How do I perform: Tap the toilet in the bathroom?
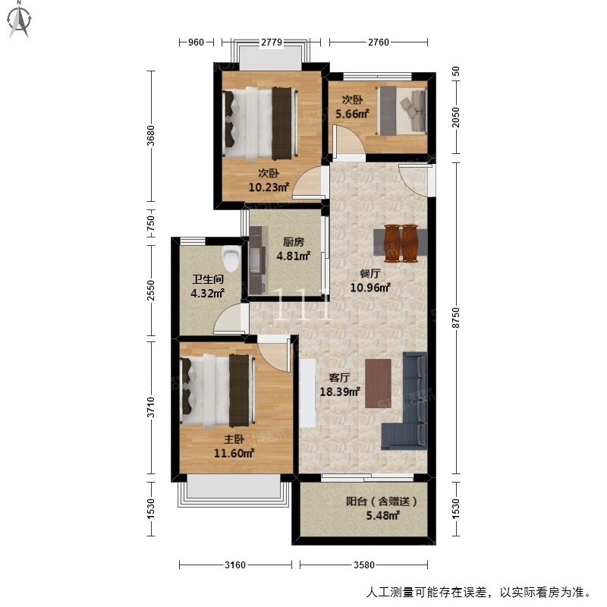231,259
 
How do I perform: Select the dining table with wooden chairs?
401,243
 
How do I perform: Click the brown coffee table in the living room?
378,383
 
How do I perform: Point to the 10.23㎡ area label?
269,187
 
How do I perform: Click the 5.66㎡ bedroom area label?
352,114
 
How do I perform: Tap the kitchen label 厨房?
294,242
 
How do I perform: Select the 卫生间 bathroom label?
208,278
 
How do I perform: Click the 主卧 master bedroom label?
234,439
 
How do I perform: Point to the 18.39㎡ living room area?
340,392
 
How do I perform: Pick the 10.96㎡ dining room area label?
370,288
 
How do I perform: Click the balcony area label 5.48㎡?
383,515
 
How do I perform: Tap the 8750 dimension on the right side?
456,318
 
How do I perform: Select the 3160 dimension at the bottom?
235,565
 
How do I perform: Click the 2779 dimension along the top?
272,42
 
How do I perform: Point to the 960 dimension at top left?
196,42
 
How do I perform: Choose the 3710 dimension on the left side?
150,407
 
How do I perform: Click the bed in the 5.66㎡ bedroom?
401,111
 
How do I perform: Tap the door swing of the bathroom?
228,319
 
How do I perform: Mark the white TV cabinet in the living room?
308,393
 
